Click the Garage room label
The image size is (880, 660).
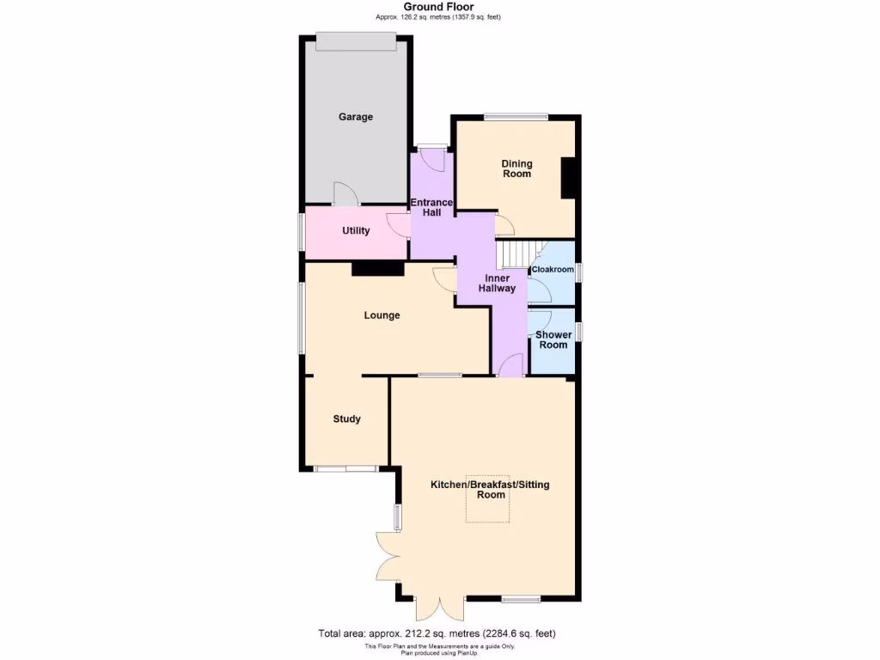pyautogui.click(x=355, y=117)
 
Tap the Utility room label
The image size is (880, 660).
pyautogui.click(x=356, y=230)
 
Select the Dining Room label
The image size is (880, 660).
pyautogui.click(x=517, y=168)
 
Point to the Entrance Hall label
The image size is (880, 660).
pyautogui.click(x=431, y=207)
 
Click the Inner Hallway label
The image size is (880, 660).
pyautogui.click(x=498, y=284)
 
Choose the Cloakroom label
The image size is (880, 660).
pyautogui.click(x=553, y=270)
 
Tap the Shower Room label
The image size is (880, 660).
pyautogui.click(x=553, y=339)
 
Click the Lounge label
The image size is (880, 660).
pyautogui.click(x=382, y=315)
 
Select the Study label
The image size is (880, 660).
pyautogui.click(x=347, y=419)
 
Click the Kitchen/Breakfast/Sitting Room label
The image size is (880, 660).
pyautogui.click(x=490, y=490)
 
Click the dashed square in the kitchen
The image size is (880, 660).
pyautogui.click(x=488, y=498)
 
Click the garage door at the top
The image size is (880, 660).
pyautogui.click(x=356, y=35)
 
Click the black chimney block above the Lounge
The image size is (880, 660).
pyautogui.click(x=378, y=269)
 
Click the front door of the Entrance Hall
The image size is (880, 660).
pyautogui.click(x=432, y=148)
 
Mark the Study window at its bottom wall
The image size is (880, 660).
pyautogui.click(x=345, y=468)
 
